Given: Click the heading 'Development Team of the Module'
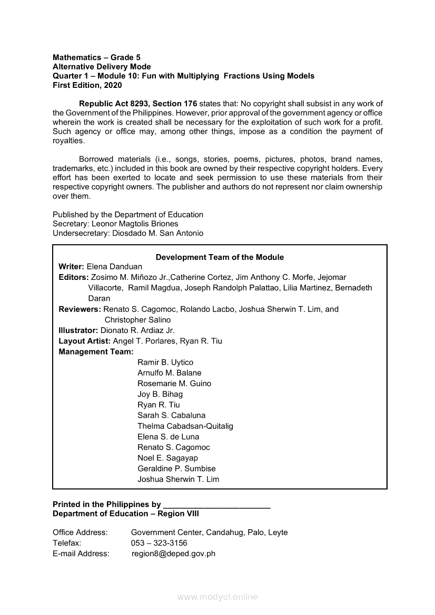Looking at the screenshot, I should pos(220,257).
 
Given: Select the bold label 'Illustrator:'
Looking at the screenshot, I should pos(78,330).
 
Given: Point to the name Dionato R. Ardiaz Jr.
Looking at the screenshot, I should pos(137,330).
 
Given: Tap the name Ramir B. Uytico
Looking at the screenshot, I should pos(165,362).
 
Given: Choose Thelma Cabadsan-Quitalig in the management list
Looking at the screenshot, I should pos(185,426).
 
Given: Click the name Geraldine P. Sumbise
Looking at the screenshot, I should pos(176,468).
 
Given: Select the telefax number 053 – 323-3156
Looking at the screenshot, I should pos(159,543).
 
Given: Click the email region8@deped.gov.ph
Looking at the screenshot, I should pos(173,553).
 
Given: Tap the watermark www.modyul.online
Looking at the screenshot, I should pos(217,597).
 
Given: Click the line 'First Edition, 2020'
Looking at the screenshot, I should pos(87,85).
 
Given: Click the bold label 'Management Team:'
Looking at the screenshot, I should pos(96,351).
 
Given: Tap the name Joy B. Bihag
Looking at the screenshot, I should pos(160,394).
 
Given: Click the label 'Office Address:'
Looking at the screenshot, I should pos(80,532).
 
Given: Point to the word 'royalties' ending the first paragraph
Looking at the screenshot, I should pos(68,141).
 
